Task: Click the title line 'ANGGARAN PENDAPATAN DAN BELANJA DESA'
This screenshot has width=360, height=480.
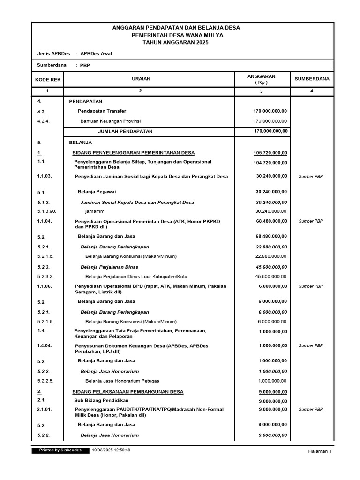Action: click(176, 28)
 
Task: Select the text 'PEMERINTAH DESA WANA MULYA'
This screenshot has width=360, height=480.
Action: click(177, 35)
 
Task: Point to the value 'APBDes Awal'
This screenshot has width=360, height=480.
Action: click(96, 53)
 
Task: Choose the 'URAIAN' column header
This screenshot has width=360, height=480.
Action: click(141, 79)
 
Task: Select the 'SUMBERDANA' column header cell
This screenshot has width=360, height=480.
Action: click(312, 79)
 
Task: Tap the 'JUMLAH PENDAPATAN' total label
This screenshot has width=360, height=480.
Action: click(125, 131)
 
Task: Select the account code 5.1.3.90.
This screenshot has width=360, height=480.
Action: click(46, 211)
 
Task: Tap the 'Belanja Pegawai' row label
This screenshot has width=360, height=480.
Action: click(97, 192)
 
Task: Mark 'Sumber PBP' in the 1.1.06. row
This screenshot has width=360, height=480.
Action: click(311, 286)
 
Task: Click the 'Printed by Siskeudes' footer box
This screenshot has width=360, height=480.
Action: click(60, 450)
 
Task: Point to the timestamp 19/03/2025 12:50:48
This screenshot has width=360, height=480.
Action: click(111, 450)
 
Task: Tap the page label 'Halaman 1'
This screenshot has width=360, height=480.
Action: click(320, 451)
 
